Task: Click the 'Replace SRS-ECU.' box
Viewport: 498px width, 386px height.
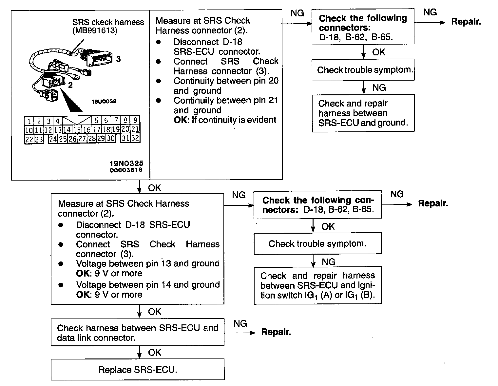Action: click(x=138, y=370)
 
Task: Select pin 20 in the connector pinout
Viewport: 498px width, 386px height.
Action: click(x=125, y=129)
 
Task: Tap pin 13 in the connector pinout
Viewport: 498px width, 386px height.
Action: click(x=58, y=130)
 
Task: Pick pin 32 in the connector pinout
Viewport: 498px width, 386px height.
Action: click(x=135, y=138)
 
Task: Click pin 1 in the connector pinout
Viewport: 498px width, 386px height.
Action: click(x=29, y=121)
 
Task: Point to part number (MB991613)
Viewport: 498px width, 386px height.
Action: click(x=95, y=31)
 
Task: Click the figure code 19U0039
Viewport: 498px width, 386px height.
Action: click(x=104, y=101)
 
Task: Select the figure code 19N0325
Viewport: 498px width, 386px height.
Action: click(x=126, y=163)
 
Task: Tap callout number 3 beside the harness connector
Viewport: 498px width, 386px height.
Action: click(x=118, y=59)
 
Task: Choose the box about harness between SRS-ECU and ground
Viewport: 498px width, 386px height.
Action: click(x=363, y=113)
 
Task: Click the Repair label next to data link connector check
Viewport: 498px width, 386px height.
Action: click(x=276, y=332)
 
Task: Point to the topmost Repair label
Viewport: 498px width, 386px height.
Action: click(x=466, y=22)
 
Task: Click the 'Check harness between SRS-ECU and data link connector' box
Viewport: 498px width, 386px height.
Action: click(x=138, y=332)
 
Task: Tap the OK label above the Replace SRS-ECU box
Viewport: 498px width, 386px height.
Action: click(x=155, y=353)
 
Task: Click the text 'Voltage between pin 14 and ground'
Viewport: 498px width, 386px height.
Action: click(x=148, y=284)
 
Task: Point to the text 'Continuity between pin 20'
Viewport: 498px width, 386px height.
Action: click(x=226, y=81)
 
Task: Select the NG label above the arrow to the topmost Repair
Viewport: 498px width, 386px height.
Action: click(x=430, y=12)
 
